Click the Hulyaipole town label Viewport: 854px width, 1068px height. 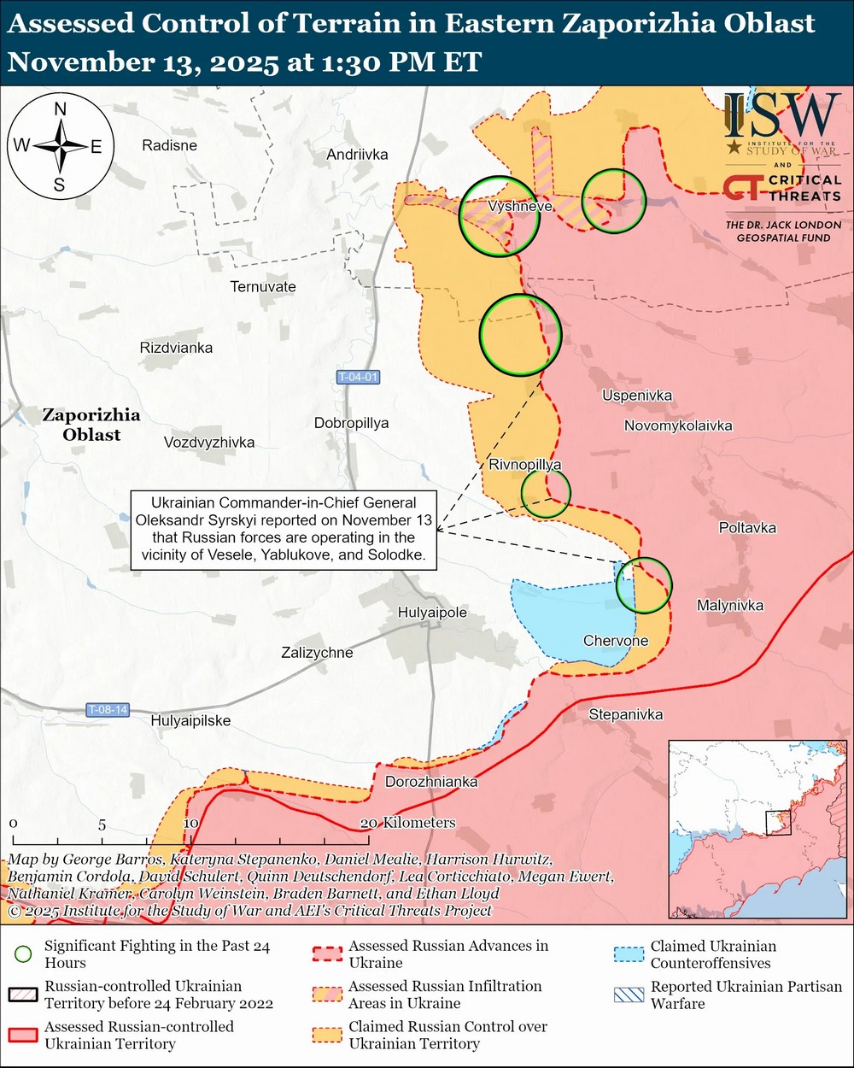[x=432, y=613]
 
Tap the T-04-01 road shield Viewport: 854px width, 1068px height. [x=357, y=378]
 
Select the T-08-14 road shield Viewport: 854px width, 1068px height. [x=108, y=710]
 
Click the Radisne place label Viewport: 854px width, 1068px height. [x=169, y=145]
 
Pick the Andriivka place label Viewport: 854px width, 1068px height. [x=357, y=155]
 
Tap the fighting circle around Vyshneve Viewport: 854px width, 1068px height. [x=499, y=216]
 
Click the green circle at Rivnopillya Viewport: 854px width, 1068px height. [x=546, y=493]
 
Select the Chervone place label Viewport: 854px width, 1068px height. [x=616, y=641]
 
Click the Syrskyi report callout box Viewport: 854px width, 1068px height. [x=283, y=529]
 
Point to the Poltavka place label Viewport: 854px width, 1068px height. [x=747, y=528]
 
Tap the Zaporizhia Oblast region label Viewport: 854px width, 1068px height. [x=91, y=425]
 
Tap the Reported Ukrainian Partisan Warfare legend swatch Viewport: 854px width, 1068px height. [x=629, y=995]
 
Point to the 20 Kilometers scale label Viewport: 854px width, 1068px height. [x=408, y=823]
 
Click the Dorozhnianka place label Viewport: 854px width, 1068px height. [x=431, y=782]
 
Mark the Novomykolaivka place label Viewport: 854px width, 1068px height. [x=677, y=425]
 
